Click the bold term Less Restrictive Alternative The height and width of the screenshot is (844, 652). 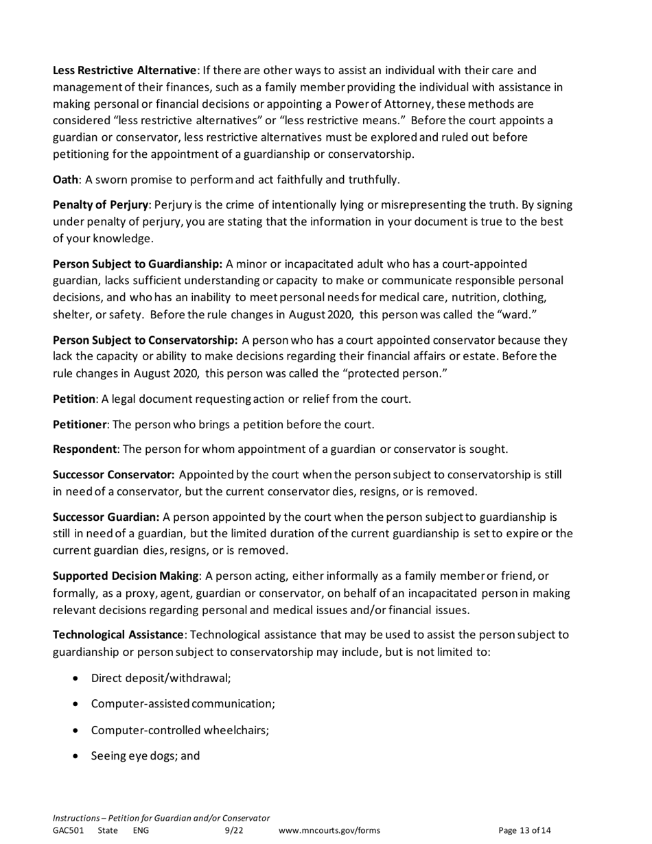(124, 70)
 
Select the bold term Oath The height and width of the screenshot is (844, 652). (66, 180)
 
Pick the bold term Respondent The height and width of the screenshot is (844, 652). (84, 449)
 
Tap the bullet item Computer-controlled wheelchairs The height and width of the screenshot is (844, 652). (179, 730)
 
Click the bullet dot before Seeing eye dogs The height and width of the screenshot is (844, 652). (75, 756)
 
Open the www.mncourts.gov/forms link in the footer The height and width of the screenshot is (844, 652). (329, 830)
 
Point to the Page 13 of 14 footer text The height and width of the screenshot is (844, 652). (524, 830)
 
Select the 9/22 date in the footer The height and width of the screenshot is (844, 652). (234, 830)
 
